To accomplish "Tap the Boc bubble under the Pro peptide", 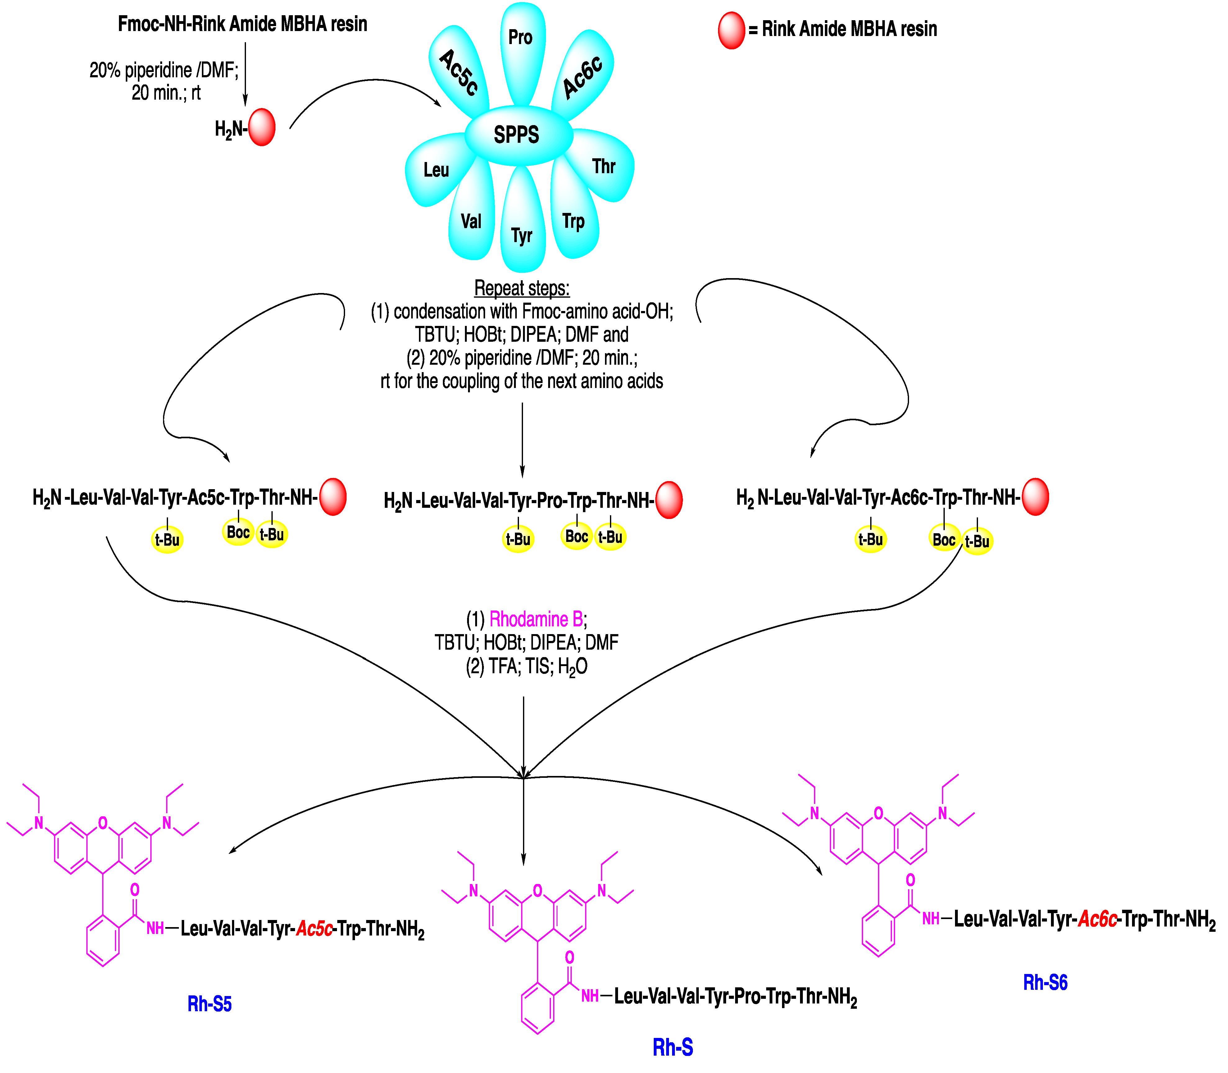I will [576, 536].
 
